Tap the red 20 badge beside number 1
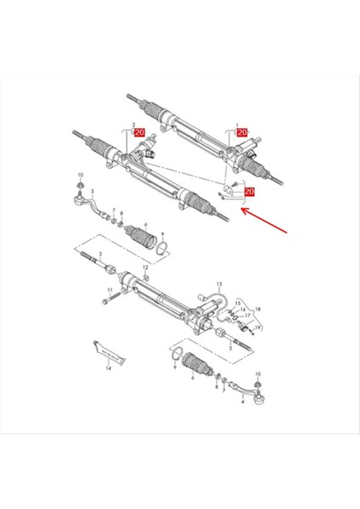pyautogui.click(x=242, y=133)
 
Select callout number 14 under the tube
pyautogui.click(x=109, y=370)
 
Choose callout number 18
pyautogui.click(x=258, y=310)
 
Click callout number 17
pyautogui.click(x=247, y=316)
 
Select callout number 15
pyautogui.click(x=239, y=303)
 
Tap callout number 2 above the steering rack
pyautogui.click(x=132, y=125)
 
